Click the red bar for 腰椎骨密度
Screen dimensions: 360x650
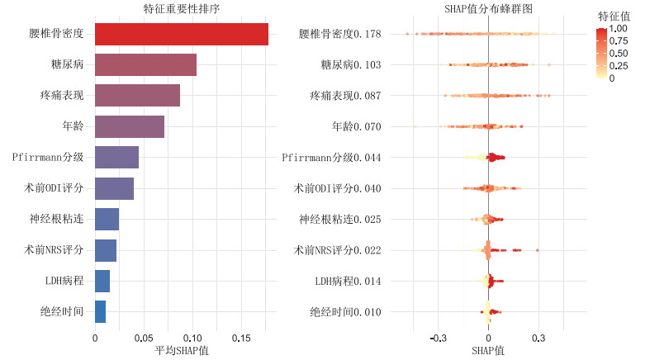tap(181, 34)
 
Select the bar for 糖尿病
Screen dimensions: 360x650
tap(145, 64)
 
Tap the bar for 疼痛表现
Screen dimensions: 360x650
tap(137, 95)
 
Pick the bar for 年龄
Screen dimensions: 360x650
tap(130, 126)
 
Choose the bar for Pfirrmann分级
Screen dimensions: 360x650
tap(116, 157)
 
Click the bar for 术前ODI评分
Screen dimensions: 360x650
tap(114, 188)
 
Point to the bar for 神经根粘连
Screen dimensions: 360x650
tap(107, 219)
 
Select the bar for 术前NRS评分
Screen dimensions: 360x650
tap(106, 250)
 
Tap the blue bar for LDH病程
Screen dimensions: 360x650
tap(102, 281)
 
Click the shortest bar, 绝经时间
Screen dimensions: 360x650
tap(100, 311)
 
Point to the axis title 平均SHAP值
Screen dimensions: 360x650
tap(182, 351)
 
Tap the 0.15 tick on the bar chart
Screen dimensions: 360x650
tap(240, 337)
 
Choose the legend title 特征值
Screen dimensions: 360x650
tap(614, 15)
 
